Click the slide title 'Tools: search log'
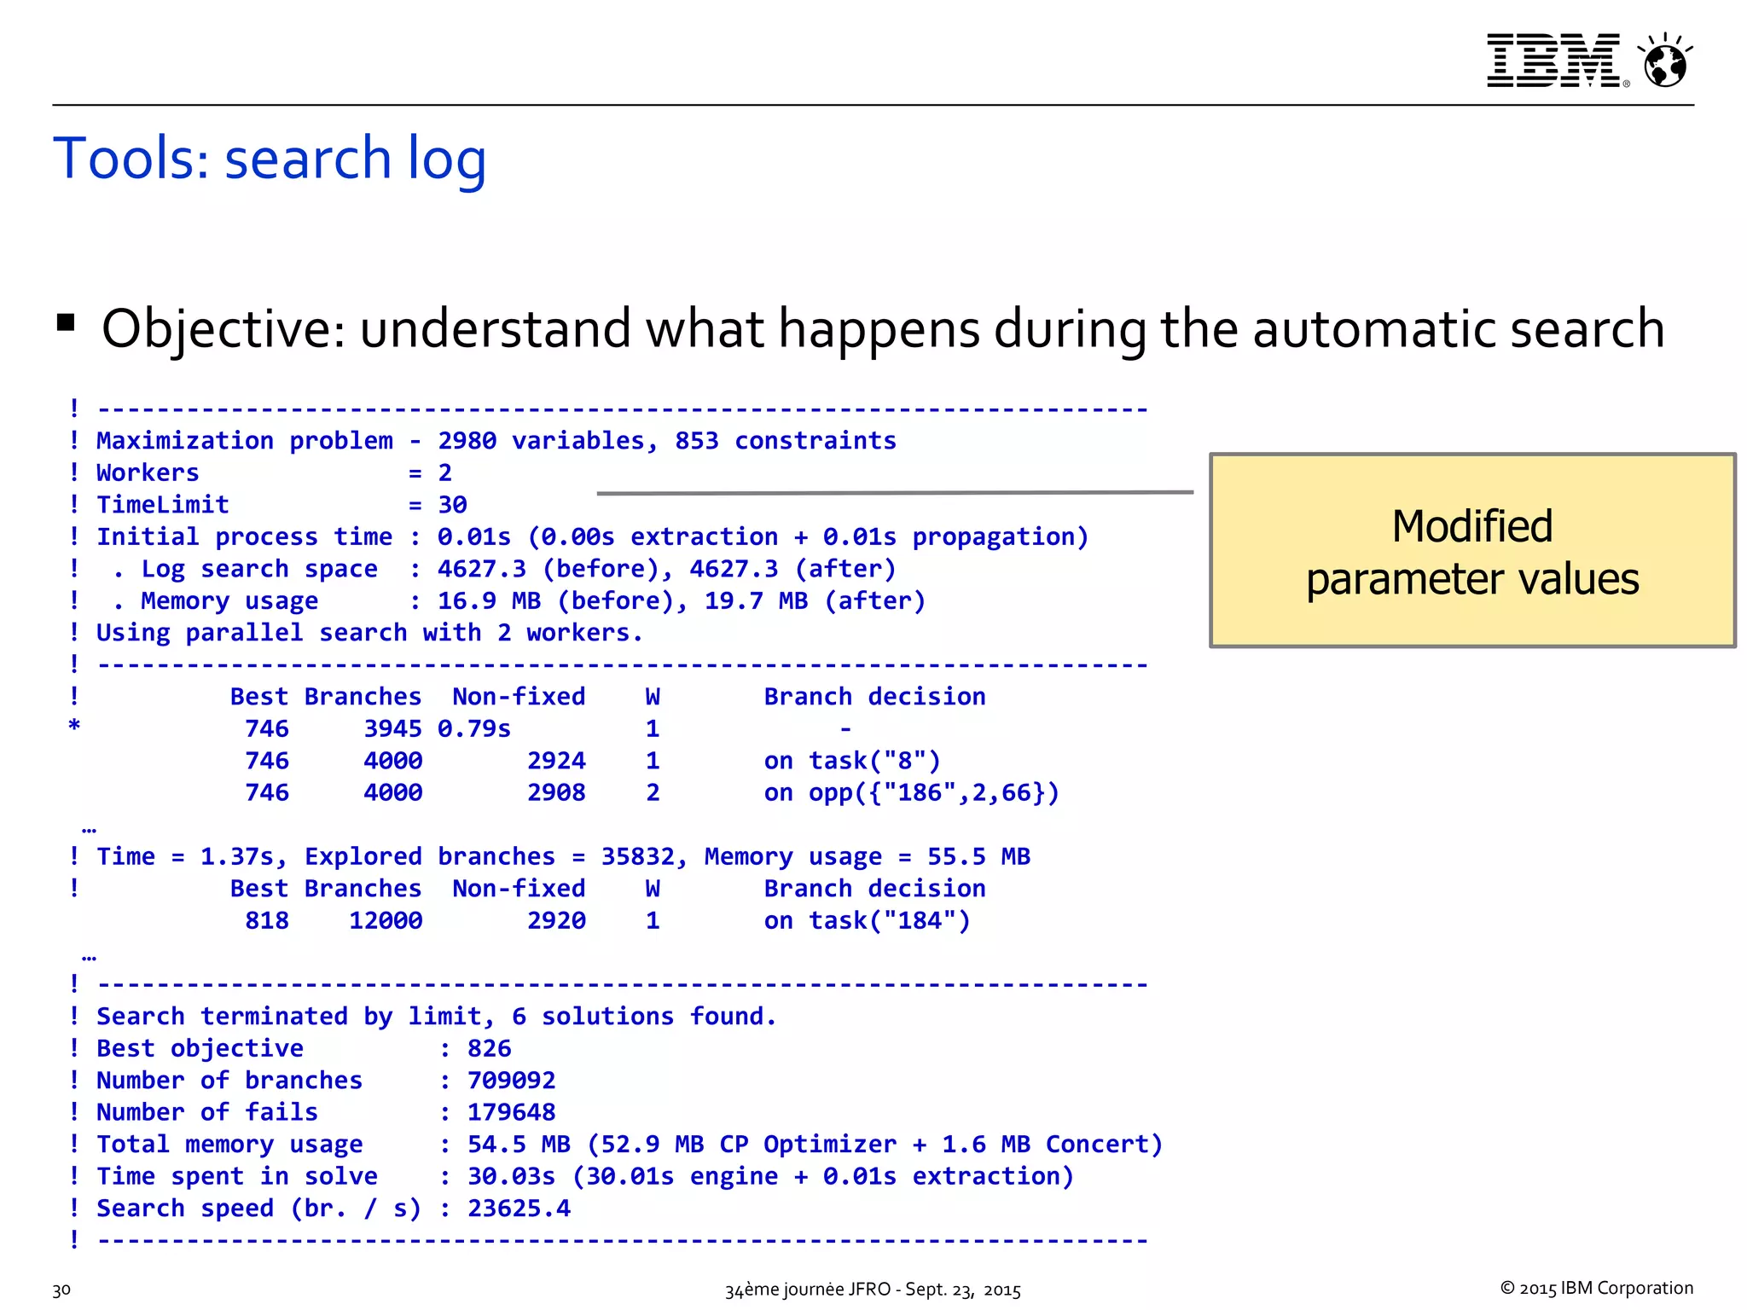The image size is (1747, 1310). pos(270,159)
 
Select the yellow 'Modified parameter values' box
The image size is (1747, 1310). pos(1472,551)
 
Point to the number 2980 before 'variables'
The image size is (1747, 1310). pos(467,441)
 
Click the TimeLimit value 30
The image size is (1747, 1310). pos(452,505)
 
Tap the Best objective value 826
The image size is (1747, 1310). pos(489,1048)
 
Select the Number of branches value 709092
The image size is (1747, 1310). pos(511,1081)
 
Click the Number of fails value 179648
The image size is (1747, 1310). pos(511,1112)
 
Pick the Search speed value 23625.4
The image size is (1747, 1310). pos(519,1209)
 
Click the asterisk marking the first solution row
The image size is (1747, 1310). pos(75,727)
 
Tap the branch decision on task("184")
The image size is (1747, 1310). pos(867,921)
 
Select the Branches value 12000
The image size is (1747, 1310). pos(386,921)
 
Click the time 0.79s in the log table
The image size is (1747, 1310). pos(474,729)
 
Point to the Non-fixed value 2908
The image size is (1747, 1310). pos(556,793)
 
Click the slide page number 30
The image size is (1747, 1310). pos(61,1290)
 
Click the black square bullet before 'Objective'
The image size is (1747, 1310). pos(66,322)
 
